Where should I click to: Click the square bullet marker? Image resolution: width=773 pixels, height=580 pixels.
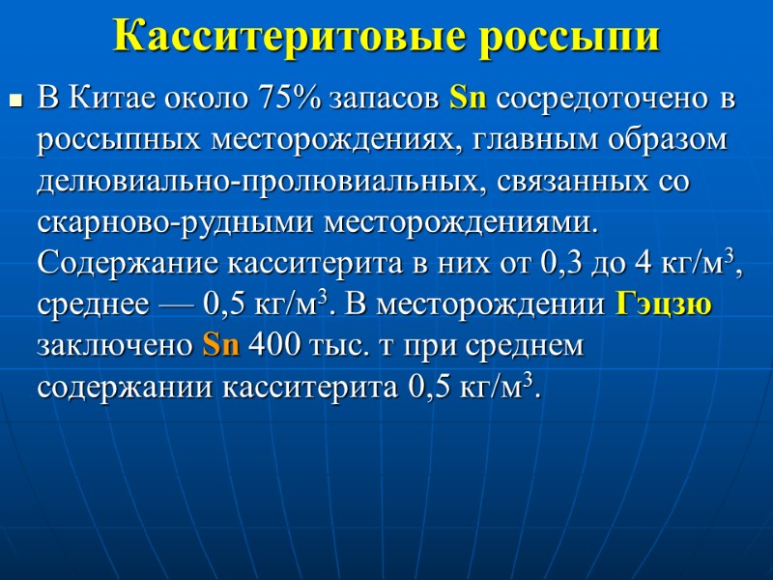(15, 99)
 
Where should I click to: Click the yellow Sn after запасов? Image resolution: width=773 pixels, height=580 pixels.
(469, 98)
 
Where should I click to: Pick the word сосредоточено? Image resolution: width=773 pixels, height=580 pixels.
(605, 98)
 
